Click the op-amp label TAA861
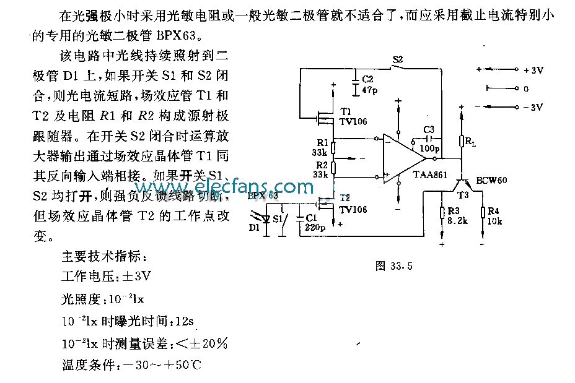(430, 176)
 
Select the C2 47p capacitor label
(368, 85)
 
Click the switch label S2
(398, 60)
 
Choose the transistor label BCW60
(491, 180)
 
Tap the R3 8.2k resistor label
(454, 216)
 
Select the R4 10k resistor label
(494, 216)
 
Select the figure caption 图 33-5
(393, 267)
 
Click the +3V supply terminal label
(533, 71)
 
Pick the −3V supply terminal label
(533, 107)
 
